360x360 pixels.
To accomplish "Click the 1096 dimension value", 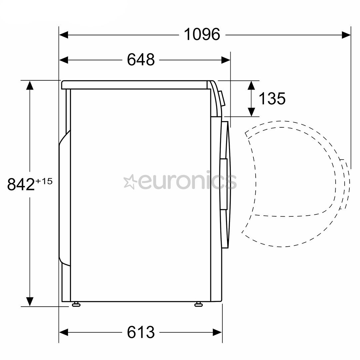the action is (x=202, y=34).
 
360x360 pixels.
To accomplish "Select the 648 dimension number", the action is (x=141, y=60).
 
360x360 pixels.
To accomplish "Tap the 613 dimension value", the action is (x=141, y=332).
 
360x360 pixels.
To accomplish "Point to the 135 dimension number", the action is (x=272, y=98).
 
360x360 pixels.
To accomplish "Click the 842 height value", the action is (x=21, y=184).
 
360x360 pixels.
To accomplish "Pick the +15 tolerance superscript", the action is (x=44, y=181).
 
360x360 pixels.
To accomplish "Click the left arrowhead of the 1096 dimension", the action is (x=64, y=35).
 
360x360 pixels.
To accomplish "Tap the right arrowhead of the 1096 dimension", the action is (x=346, y=35).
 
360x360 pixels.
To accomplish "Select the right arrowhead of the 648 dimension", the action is (x=226, y=60).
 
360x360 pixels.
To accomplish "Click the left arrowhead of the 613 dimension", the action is (x=64, y=332).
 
